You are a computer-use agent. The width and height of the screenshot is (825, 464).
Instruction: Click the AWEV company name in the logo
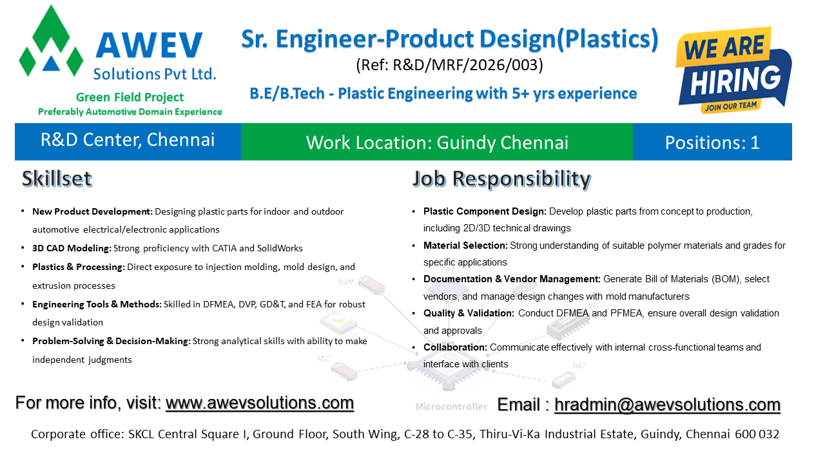(x=149, y=45)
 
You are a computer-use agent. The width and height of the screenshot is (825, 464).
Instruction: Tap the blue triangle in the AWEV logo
(x=51, y=64)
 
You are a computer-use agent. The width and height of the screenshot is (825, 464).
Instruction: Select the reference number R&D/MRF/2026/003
(x=449, y=65)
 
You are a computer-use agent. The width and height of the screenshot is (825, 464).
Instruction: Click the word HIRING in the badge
(x=735, y=81)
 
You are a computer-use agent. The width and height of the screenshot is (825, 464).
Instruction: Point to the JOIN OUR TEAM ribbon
(x=731, y=106)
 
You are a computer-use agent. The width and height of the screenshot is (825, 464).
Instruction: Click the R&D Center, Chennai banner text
(x=128, y=140)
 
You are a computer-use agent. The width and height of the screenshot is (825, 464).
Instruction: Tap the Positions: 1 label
(x=712, y=142)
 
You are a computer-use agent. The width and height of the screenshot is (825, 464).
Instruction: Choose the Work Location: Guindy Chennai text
(x=437, y=143)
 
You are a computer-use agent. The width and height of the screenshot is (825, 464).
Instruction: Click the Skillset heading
(x=57, y=179)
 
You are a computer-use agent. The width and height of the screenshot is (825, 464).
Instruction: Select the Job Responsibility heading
(x=501, y=179)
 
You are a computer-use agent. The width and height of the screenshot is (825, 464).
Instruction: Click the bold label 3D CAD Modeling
(x=72, y=248)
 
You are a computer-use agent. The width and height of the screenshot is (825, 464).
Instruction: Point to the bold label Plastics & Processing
(x=79, y=267)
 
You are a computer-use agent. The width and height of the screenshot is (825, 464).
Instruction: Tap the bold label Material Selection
(x=465, y=246)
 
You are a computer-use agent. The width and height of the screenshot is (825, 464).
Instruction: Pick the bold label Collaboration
(x=455, y=347)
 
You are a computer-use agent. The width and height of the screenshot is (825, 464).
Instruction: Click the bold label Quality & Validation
(x=469, y=313)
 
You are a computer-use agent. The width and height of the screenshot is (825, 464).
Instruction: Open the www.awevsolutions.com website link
(x=260, y=403)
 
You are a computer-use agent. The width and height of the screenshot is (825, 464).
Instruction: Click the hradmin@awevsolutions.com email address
(x=667, y=405)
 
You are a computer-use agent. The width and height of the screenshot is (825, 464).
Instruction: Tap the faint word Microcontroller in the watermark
(x=451, y=407)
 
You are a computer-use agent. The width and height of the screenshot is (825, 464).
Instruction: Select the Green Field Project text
(x=130, y=97)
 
